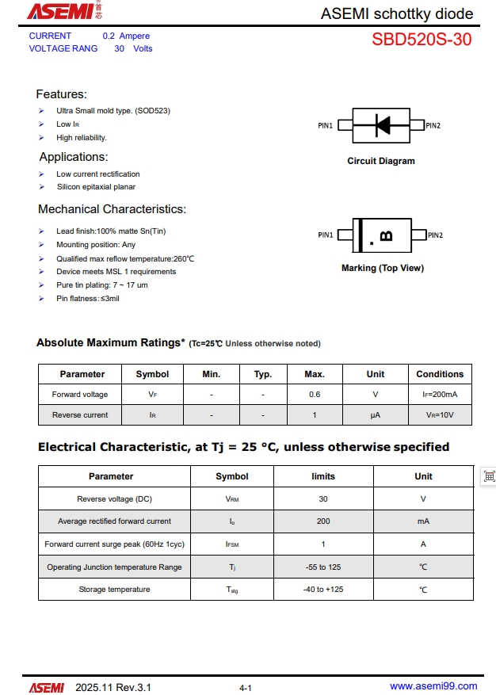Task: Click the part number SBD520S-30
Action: click(422, 40)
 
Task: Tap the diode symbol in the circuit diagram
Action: click(383, 125)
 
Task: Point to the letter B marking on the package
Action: click(386, 235)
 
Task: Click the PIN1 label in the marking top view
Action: click(326, 235)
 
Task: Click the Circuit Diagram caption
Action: click(380, 161)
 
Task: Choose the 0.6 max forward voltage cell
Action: click(315, 395)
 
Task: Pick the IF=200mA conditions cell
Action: click(440, 395)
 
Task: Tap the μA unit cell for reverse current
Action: click(376, 415)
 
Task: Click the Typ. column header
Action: click(263, 374)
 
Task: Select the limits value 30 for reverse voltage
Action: click(323, 499)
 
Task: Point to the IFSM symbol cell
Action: click(232, 544)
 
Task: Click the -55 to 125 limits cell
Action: click(323, 567)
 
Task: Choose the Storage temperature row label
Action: click(114, 590)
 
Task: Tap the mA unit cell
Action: click(423, 521)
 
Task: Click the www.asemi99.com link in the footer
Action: click(433, 686)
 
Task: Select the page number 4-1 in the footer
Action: click(246, 688)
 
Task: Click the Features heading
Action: click(62, 94)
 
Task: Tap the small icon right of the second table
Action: click(489, 476)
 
